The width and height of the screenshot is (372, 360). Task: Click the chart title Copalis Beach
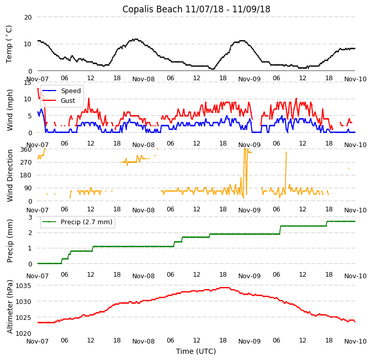pyautogui.click(x=196, y=9)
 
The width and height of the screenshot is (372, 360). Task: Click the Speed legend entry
pyautogui.click(x=70, y=91)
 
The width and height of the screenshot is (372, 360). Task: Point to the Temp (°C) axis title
pyautogui.click(x=9, y=44)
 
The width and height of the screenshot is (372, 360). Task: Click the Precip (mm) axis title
pyautogui.click(x=9, y=240)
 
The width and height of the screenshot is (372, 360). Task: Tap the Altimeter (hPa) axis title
pyautogui.click(x=9, y=306)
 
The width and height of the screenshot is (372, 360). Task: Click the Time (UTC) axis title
pyautogui.click(x=196, y=351)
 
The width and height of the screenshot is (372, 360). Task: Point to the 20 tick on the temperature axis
pyautogui.click(x=28, y=17)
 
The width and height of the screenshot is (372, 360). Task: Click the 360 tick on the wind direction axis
pyautogui.click(x=26, y=149)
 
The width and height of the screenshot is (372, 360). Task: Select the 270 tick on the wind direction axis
pyautogui.click(x=26, y=162)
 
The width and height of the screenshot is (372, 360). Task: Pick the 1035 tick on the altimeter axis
pyautogui.click(x=24, y=285)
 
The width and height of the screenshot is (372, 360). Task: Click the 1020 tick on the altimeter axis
pyautogui.click(x=24, y=333)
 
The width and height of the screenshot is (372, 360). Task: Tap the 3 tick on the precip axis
pyautogui.click(x=30, y=217)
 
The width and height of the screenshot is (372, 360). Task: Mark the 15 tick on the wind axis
pyautogui.click(x=28, y=82)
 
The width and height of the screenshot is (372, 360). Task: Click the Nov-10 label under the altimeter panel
pyautogui.click(x=355, y=341)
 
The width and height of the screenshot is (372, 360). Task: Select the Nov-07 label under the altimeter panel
pyautogui.click(x=38, y=341)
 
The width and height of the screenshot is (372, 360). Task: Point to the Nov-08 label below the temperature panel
pyautogui.click(x=144, y=79)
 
